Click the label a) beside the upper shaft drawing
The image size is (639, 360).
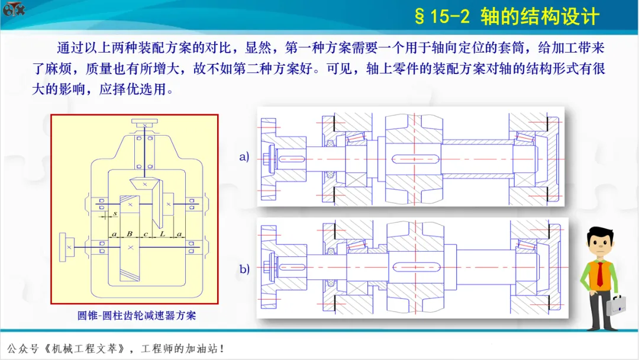(x=244, y=157)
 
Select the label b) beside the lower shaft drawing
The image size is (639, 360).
(x=244, y=269)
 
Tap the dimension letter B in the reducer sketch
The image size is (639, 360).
(x=130, y=234)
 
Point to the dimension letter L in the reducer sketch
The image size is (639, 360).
(x=163, y=234)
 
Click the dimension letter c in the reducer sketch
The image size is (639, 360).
(x=146, y=234)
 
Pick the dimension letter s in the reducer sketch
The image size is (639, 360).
(x=114, y=213)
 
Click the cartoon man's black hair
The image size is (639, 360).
(x=599, y=234)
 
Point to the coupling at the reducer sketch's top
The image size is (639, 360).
(x=145, y=123)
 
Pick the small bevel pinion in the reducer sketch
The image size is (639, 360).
(x=144, y=184)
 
